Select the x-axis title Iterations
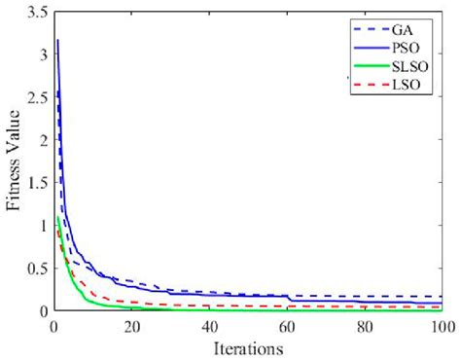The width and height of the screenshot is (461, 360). (x=248, y=347)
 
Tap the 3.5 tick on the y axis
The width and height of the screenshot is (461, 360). (x=36, y=13)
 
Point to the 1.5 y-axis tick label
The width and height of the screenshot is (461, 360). (x=36, y=183)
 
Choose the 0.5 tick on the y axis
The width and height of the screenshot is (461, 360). (x=36, y=269)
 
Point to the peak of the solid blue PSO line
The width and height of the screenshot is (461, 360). (x=57, y=41)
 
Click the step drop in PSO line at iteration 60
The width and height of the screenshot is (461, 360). (x=289, y=300)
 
